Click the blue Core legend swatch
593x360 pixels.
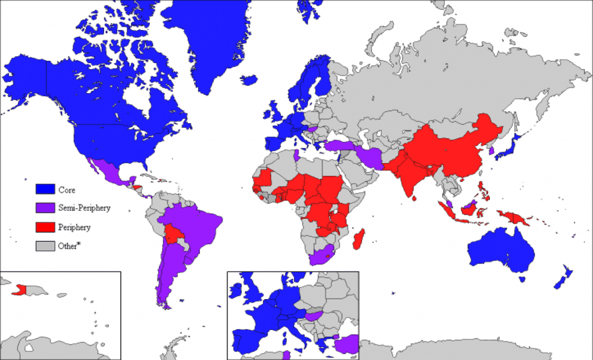click(45, 189)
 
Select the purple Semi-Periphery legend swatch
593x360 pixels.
click(45, 208)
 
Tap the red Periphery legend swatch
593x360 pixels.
click(45, 227)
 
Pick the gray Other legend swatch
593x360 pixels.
click(45, 246)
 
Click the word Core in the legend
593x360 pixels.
click(66, 189)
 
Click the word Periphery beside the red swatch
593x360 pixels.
click(74, 227)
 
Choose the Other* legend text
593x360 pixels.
click(69, 246)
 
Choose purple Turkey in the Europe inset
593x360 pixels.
click(347, 344)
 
